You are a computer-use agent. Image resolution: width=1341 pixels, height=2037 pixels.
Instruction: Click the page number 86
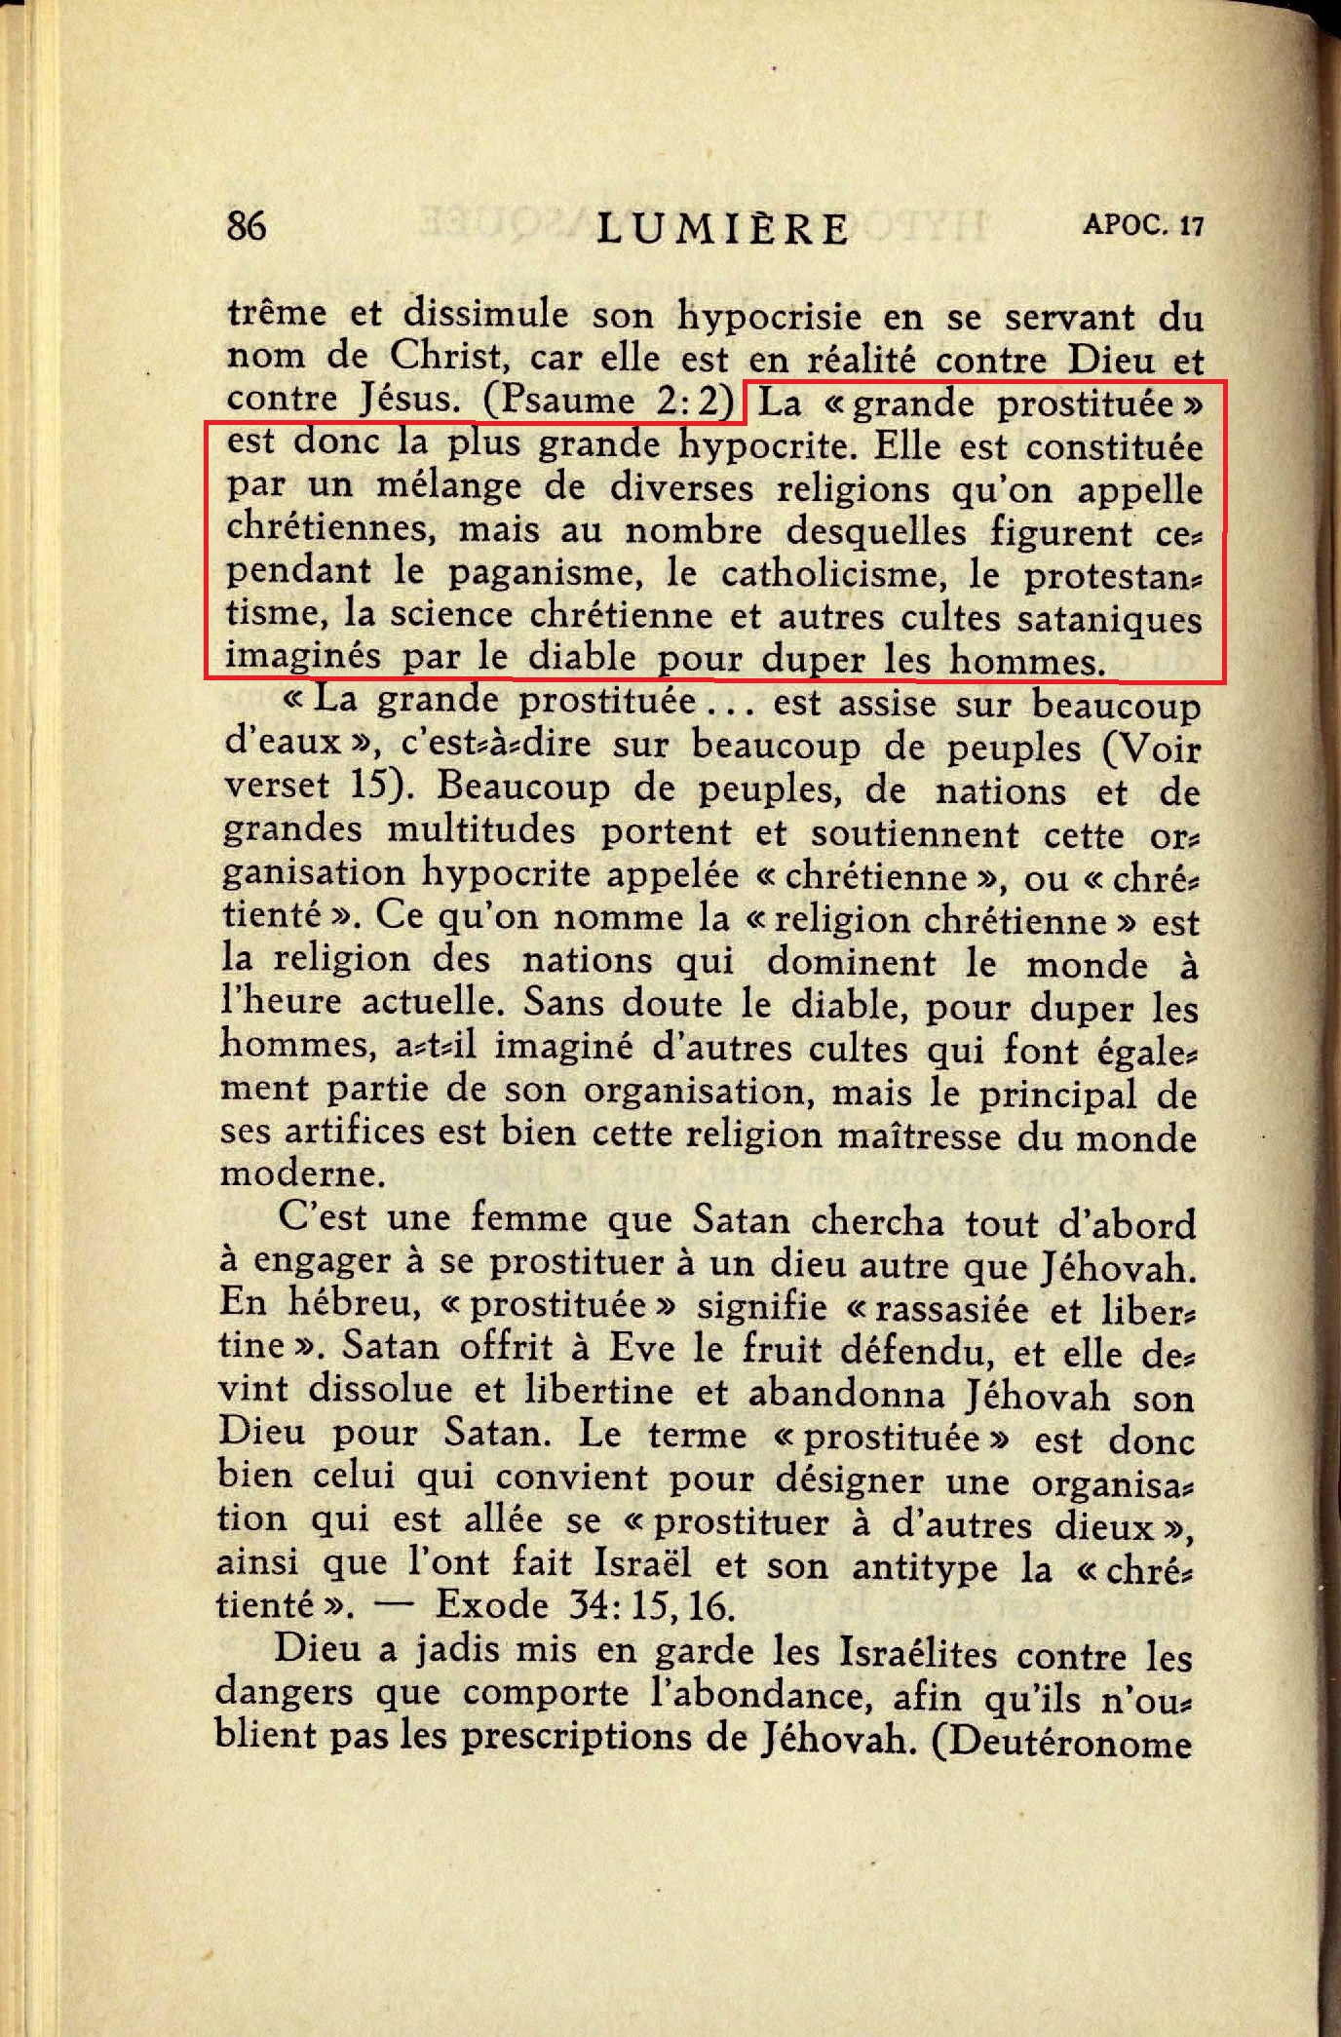click(x=246, y=225)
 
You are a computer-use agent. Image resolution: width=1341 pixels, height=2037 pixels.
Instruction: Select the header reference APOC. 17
click(x=1142, y=225)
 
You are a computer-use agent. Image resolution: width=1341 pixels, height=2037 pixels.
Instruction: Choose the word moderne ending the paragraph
click(x=285, y=1174)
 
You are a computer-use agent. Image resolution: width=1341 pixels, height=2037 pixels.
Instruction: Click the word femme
click(x=530, y=1219)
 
